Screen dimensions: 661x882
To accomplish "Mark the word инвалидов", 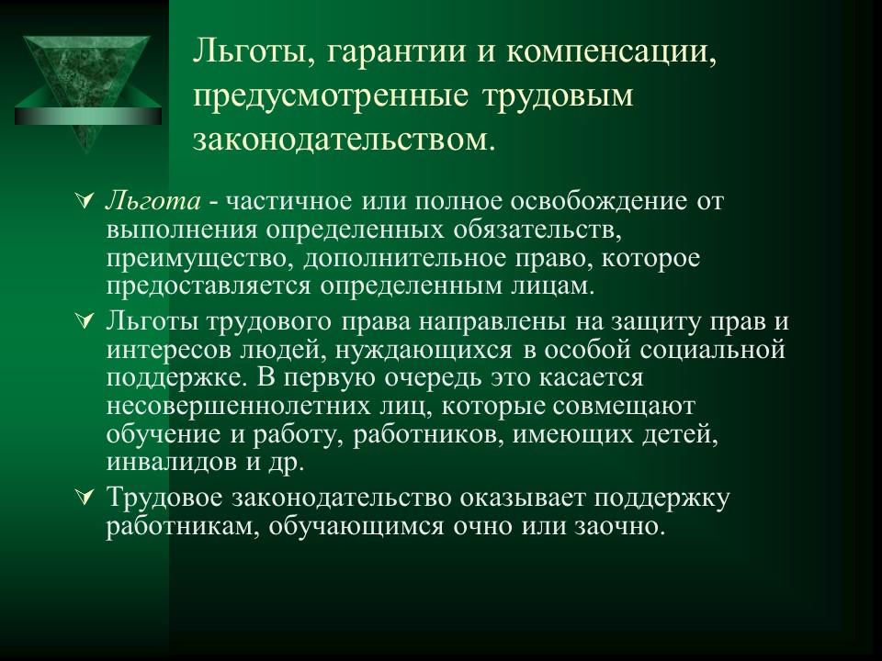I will [172, 462].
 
